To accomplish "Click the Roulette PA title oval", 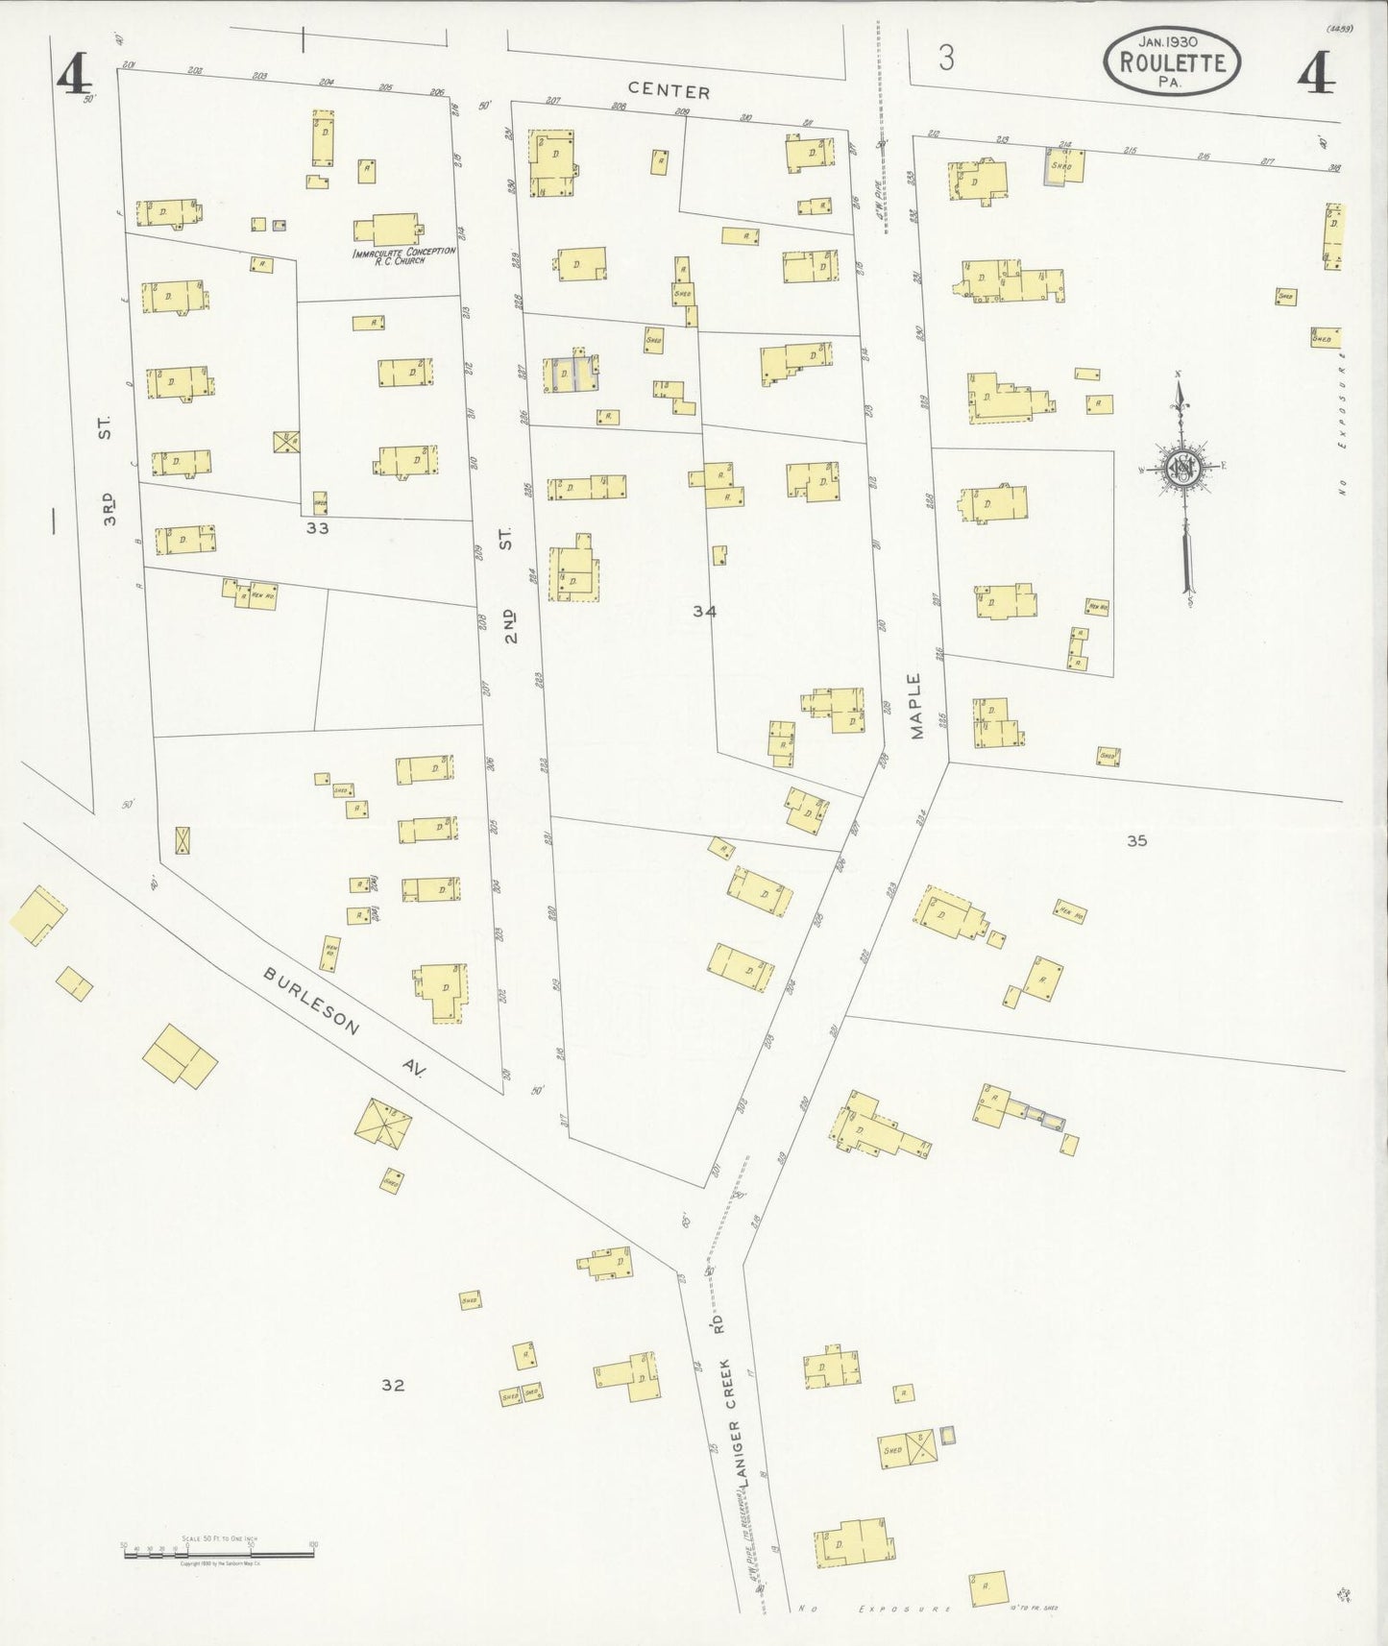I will pos(1172,62).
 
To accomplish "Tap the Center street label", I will pos(678,92).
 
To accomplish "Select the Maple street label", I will pos(914,706).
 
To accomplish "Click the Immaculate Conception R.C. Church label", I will pos(403,254).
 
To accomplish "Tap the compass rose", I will pos(1181,468).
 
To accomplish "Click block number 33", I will pos(318,527).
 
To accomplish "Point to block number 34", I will pos(704,610).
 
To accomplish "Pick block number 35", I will pos(1137,840).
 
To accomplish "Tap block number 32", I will pos(392,1384).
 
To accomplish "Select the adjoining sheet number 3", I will pos(947,60).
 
